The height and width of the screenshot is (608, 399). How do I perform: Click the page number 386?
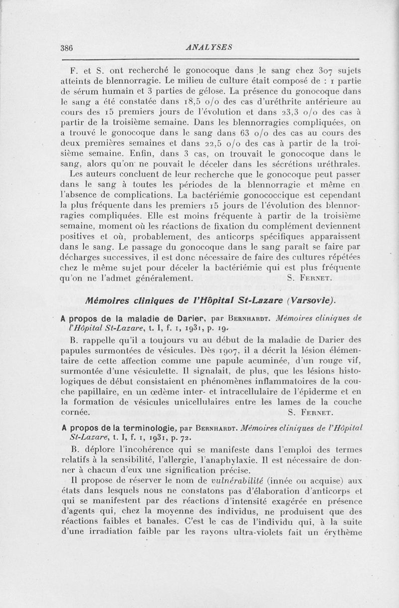[67, 48]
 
